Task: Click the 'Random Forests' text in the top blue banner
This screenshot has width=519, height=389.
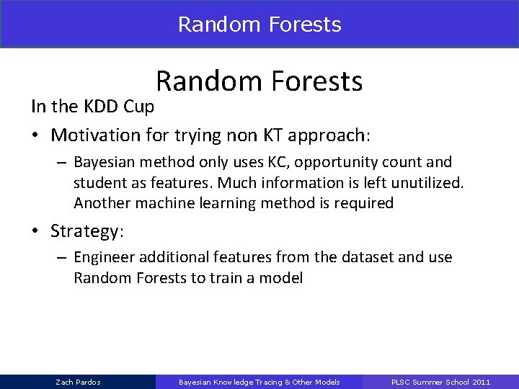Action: [259, 24]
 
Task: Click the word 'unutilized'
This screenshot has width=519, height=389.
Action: [429, 184]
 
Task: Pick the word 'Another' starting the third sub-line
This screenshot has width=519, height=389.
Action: [99, 203]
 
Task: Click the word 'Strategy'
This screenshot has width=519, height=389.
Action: [86, 232]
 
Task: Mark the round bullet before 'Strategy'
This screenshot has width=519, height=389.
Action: [35, 233]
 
